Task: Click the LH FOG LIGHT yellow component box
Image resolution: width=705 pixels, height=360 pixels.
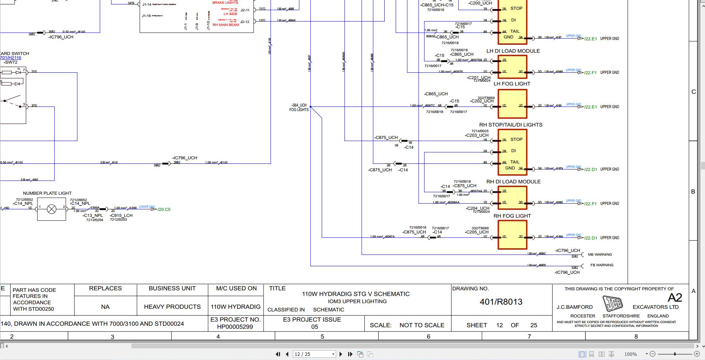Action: pos(512,104)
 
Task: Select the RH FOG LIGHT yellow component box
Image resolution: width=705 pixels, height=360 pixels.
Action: pos(512,235)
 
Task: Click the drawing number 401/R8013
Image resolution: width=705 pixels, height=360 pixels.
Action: pos(501,302)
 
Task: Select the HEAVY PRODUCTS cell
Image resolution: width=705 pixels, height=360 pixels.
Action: pos(172,307)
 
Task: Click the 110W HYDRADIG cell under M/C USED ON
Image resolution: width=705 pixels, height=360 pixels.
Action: pos(236,307)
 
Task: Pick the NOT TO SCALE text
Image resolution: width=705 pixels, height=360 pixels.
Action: pos(422,325)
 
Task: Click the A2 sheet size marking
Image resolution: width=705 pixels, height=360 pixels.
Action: pos(675,298)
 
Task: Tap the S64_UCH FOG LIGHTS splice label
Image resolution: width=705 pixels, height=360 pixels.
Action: pos(299,108)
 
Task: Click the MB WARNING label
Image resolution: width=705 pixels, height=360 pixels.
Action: pos(600,255)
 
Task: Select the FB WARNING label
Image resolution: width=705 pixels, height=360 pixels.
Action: pos(602,265)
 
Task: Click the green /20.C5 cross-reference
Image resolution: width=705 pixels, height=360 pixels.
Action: pos(164,209)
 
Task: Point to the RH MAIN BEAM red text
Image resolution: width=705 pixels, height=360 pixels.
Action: pos(226,25)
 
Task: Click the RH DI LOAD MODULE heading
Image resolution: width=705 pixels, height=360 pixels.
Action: pos(513,182)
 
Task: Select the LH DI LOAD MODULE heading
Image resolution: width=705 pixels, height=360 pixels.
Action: pos(513,51)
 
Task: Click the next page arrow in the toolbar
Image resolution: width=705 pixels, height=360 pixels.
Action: pos(341,354)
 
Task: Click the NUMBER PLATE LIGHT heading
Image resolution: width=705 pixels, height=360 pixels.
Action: pos(47,193)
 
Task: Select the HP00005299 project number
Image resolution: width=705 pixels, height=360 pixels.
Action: pos(235,327)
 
